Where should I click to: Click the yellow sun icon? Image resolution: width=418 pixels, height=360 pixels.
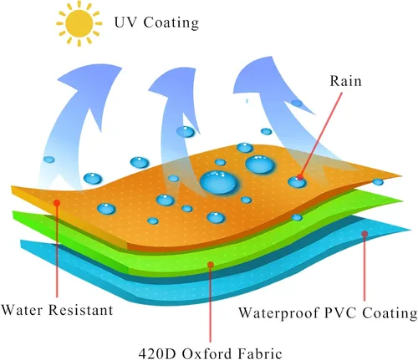pos(79,23)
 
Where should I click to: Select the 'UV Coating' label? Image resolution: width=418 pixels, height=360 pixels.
pos(156,23)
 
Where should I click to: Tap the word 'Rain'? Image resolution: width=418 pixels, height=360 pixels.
pos(345,81)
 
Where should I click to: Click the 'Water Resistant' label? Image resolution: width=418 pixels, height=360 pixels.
pos(57,310)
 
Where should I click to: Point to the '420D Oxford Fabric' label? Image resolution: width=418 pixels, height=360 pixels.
pos(211,353)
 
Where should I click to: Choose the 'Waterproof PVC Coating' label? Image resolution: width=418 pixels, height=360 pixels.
pos(328,313)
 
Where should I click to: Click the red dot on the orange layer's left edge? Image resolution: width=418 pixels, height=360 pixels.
pos(57,203)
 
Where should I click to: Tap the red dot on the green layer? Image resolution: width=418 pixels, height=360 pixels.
pos(211,265)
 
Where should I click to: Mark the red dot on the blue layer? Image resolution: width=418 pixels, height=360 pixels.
pos(364,234)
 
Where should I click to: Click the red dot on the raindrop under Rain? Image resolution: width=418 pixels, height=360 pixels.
pos(300,177)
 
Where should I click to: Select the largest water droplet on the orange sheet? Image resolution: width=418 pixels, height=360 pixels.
pos(218,183)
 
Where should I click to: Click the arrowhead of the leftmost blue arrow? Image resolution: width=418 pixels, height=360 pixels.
pos(89,84)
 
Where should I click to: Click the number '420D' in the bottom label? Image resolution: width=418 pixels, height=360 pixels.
pos(158,354)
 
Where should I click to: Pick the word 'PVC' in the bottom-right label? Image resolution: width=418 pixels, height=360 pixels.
pos(340,312)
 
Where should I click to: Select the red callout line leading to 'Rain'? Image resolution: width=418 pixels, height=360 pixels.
pos(321,134)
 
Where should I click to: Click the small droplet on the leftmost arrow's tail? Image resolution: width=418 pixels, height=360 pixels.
pos(49,160)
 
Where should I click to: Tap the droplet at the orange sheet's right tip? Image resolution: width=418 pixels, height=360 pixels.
pos(378,182)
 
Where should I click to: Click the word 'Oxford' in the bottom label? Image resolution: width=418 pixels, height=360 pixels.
pos(207,354)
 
